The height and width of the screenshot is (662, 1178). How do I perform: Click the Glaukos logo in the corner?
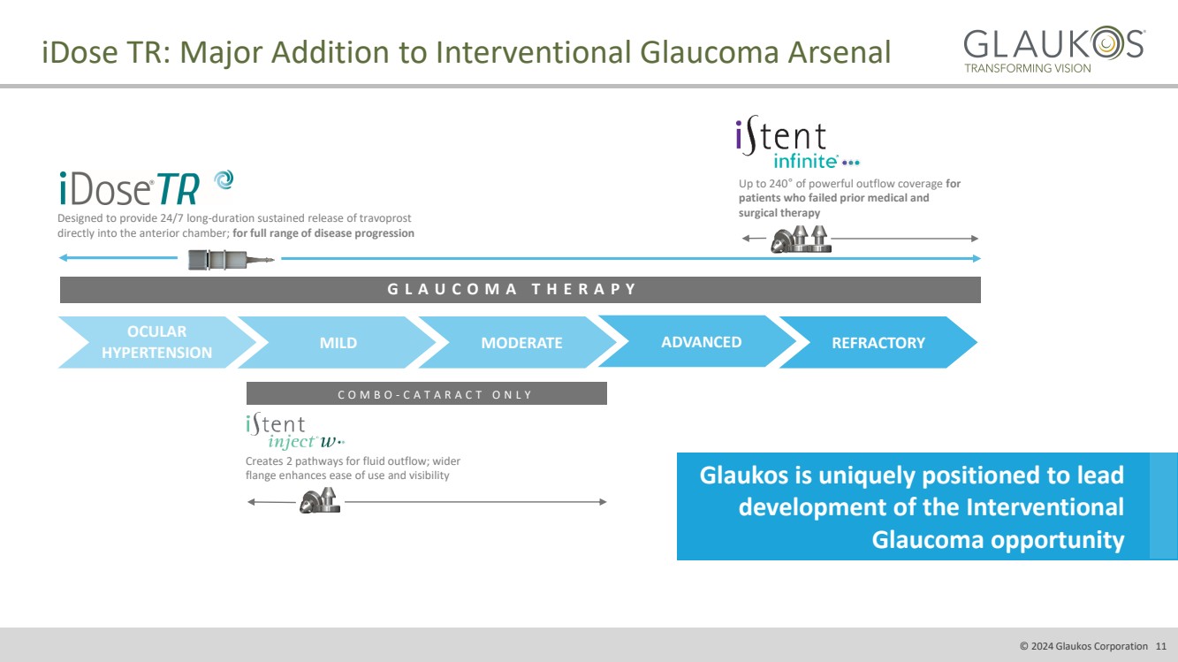[1053, 50]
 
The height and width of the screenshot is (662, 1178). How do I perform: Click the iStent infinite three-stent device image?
[802, 240]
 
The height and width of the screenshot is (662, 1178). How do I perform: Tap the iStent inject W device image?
[319, 503]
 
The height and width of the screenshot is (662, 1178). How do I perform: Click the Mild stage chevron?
[338, 343]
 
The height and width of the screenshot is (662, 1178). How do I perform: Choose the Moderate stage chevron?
[521, 343]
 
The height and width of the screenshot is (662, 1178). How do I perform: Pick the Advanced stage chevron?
[701, 342]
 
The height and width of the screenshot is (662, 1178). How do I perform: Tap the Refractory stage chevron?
[878, 343]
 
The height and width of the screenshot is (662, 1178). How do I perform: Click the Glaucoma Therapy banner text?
[512, 289]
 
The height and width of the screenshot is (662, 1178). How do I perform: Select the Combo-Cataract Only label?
[435, 394]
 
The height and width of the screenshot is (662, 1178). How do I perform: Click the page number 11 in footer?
[1161, 646]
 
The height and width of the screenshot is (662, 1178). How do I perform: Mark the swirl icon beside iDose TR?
[224, 180]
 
